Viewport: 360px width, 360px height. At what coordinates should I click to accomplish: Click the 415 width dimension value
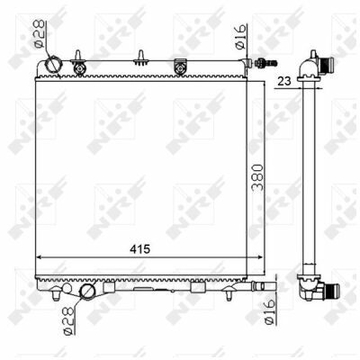pos(139,248)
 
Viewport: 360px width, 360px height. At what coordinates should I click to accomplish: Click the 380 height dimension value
pos(257,177)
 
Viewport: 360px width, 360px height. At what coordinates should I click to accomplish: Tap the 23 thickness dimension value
pos(284,81)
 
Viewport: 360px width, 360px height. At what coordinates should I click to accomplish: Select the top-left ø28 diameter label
pos(40,33)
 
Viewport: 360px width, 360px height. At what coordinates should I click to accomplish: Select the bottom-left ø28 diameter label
pos(68,320)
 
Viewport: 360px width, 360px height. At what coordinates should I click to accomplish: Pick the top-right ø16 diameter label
pos(240,37)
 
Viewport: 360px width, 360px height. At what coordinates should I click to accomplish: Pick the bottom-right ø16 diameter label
pos(269,311)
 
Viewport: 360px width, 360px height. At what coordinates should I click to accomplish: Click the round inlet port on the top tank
pos(53,65)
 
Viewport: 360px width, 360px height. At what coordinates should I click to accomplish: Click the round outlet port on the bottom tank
pos(87,292)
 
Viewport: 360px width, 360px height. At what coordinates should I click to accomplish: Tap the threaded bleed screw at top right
pos(265,63)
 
